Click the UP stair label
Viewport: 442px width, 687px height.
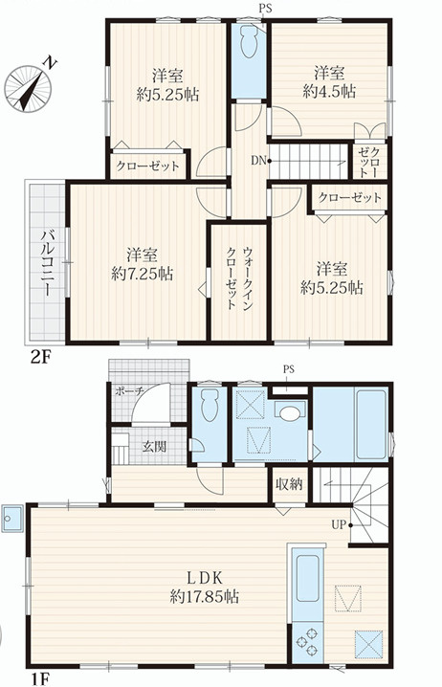click(339, 525)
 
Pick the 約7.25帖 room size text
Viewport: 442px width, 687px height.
click(141, 273)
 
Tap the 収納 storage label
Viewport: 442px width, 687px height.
click(289, 484)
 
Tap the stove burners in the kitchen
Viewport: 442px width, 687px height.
click(309, 636)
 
